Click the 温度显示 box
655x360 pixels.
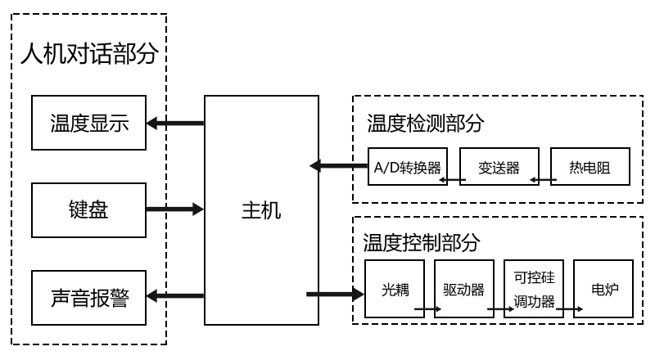point(89,124)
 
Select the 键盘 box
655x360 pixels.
point(89,209)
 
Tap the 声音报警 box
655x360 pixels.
point(89,295)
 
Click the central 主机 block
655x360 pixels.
point(261,210)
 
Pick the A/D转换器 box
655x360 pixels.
point(407,168)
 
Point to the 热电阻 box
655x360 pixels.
point(589,168)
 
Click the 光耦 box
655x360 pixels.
point(395,289)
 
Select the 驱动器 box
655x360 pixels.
point(464,289)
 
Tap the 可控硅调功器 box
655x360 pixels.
point(534,289)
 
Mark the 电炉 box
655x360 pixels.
point(603,289)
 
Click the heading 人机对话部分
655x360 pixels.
point(88,56)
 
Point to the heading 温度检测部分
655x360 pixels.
point(425,123)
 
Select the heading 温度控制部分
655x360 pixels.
point(421,242)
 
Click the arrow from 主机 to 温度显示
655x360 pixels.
point(175,124)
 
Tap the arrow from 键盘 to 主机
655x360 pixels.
point(175,209)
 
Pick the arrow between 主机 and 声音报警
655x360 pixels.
point(175,295)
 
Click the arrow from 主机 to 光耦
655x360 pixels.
point(335,293)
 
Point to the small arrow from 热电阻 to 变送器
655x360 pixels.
point(540,179)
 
